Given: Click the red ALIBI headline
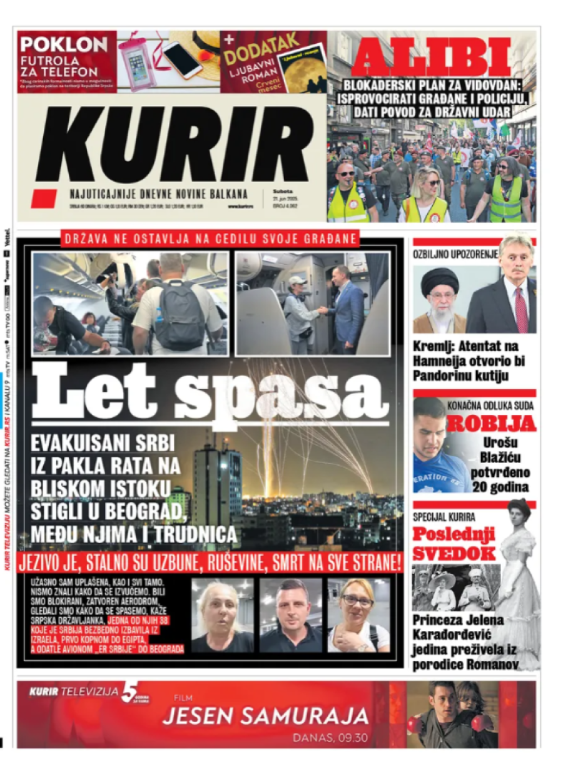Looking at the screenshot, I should coord(431,57).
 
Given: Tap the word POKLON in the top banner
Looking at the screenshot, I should coord(64,44).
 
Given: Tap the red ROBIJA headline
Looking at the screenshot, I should coord(491,424).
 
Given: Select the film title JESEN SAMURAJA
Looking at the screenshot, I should coord(265,715).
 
